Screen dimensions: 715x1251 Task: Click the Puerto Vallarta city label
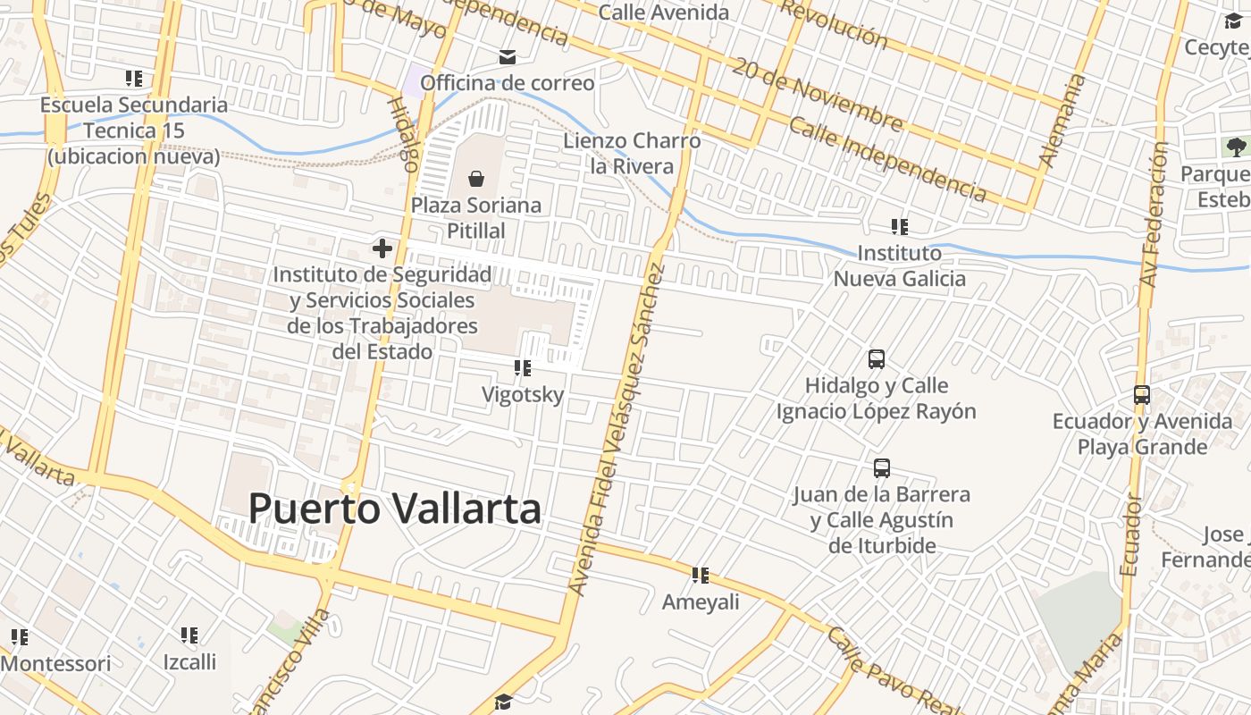(394, 509)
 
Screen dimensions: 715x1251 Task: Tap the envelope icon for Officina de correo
(507, 58)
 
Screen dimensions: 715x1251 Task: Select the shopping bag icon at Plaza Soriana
(476, 179)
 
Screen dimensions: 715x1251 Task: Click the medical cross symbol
(382, 248)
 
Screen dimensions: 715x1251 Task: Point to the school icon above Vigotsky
(523, 367)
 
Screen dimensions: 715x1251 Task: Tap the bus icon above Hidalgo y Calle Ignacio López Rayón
(877, 359)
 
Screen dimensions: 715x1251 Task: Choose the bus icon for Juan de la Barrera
(882, 468)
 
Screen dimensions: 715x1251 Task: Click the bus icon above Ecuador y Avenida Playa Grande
(1141, 394)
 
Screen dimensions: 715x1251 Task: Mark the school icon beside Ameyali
(701, 576)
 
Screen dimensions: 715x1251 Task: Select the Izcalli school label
(189, 662)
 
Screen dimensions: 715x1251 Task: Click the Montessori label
(56, 664)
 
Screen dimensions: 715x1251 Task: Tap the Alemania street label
(1062, 121)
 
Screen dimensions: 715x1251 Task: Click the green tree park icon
(1235, 147)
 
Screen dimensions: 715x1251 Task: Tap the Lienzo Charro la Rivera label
(632, 154)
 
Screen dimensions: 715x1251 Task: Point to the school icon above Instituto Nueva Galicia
(899, 227)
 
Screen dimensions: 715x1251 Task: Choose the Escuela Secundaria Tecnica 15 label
(134, 130)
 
